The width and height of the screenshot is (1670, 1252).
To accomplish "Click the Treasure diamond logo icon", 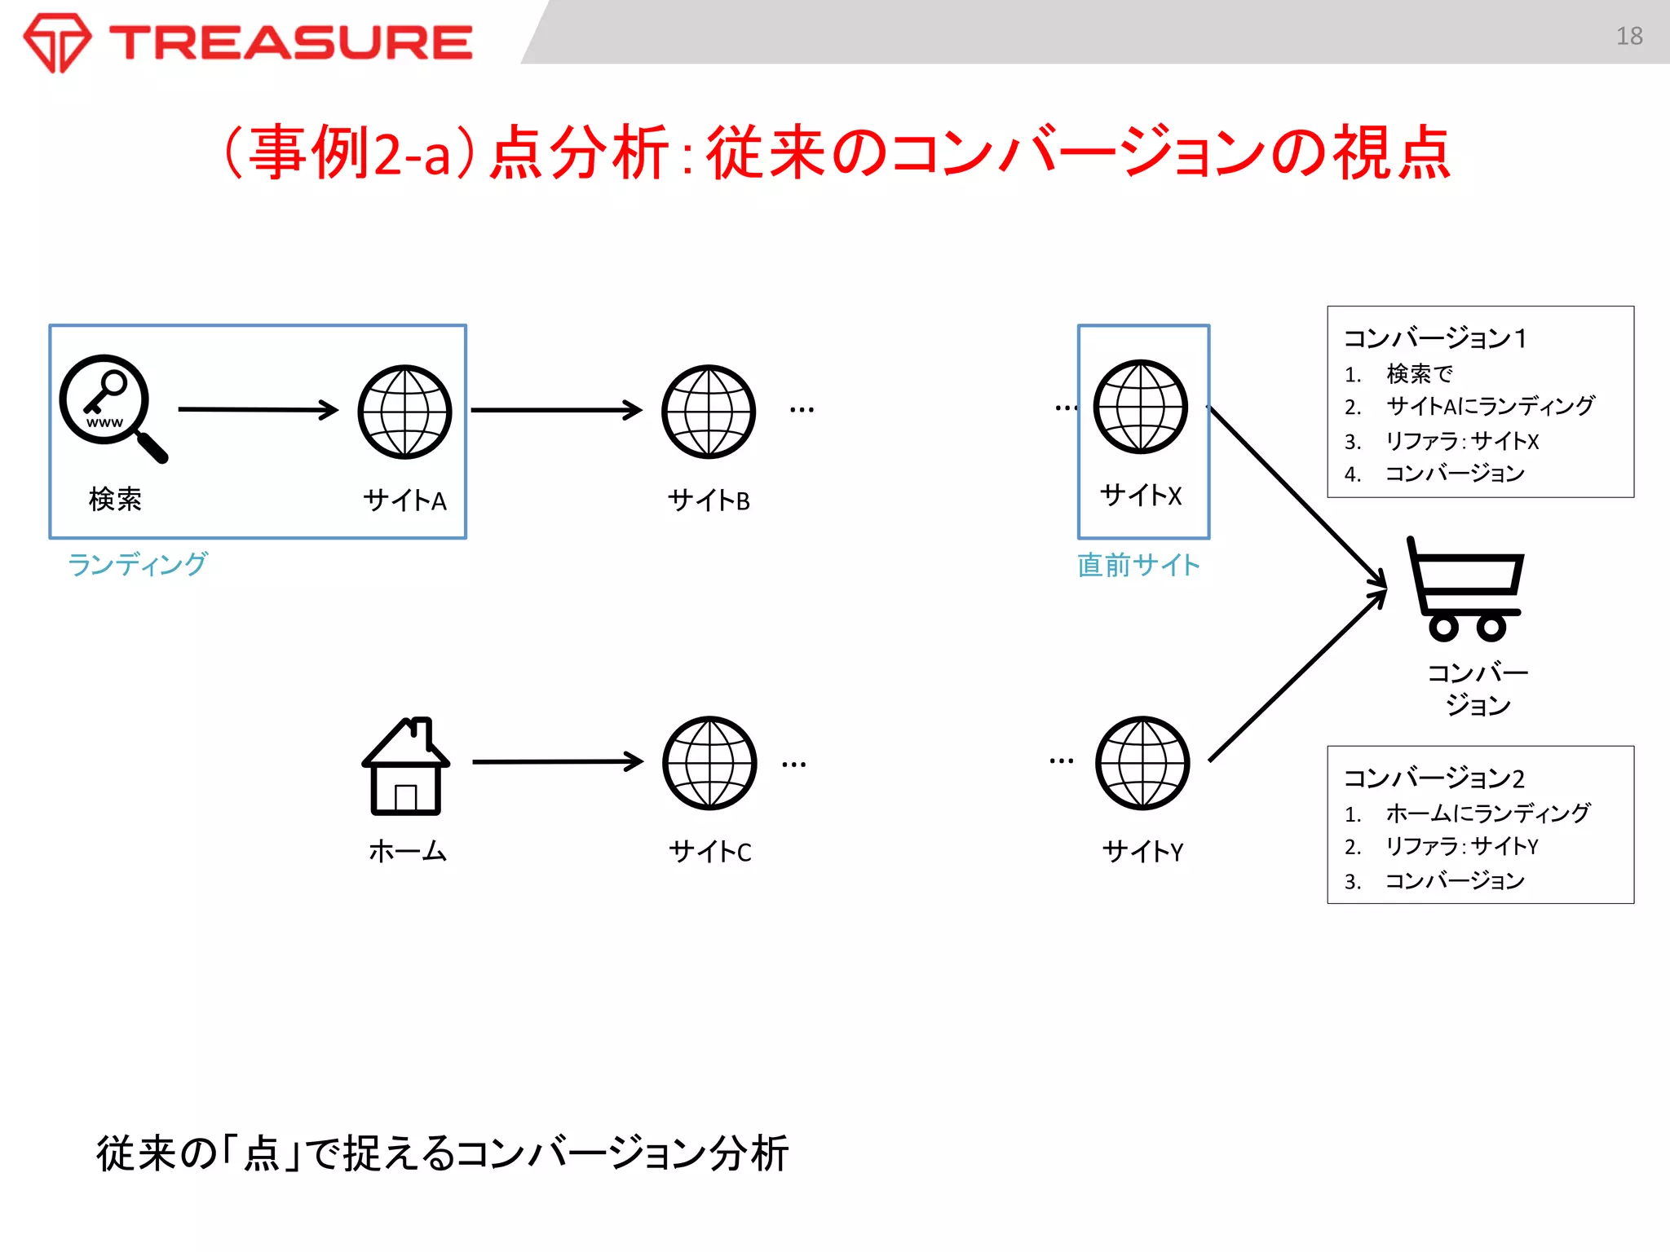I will [56, 42].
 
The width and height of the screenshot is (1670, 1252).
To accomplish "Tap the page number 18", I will [1628, 36].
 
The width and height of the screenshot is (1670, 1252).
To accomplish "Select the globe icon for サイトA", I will [404, 412].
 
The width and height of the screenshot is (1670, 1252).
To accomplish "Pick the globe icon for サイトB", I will [709, 412].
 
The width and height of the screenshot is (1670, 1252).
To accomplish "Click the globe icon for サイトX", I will [1140, 407].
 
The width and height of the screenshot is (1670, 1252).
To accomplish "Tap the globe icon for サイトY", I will [1142, 763].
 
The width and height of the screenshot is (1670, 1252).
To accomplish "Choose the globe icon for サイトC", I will [709, 763].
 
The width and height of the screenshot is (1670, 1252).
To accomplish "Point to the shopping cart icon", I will [1465, 589].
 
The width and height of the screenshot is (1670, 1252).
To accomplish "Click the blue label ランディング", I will [137, 564].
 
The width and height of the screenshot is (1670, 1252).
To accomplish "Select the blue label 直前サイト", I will [1138, 565].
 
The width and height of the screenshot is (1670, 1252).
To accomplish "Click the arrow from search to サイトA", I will [257, 409].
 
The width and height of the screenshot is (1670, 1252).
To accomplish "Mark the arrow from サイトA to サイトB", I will [556, 410].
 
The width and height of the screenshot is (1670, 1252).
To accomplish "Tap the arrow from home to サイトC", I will [557, 762].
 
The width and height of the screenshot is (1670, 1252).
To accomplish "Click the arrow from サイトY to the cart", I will [1297, 677].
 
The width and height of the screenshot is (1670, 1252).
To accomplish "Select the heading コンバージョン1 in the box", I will [1434, 337].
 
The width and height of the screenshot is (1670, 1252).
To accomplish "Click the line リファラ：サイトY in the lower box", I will [1461, 846].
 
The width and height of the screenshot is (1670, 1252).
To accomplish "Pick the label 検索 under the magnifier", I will [115, 499].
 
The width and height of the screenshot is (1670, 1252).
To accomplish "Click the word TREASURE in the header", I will [291, 42].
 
